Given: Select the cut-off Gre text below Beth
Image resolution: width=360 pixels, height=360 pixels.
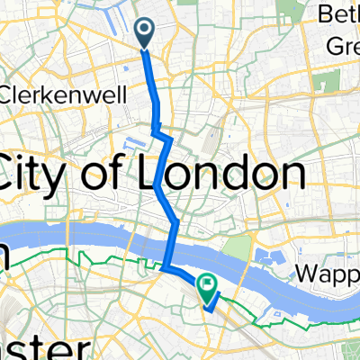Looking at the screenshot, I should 341,40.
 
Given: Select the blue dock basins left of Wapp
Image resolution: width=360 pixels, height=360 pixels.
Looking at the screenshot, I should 268,261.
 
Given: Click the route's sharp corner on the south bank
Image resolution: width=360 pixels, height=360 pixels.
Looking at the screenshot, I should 165,267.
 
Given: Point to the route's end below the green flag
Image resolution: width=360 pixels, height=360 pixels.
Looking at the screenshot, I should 208,309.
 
